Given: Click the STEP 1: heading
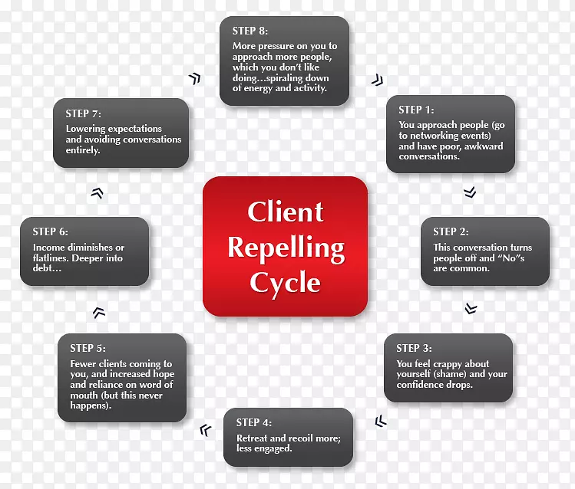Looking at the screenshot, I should click(x=416, y=110).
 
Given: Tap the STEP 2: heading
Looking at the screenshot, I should click(x=451, y=231).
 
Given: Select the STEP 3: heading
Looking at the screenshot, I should click(x=414, y=348).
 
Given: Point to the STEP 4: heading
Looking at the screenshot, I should click(x=253, y=422).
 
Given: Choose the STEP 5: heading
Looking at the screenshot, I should click(x=88, y=348).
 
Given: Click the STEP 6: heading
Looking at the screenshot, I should click(x=50, y=231).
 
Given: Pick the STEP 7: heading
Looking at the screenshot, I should click(x=83, y=113).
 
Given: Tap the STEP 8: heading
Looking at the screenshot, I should click(x=249, y=31).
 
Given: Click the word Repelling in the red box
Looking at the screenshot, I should click(x=286, y=248).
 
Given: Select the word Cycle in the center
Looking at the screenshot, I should click(x=285, y=283).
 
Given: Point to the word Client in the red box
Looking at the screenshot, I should click(x=286, y=212).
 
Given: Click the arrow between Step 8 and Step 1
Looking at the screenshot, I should click(x=375, y=80).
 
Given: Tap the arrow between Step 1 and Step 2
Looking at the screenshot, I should click(x=470, y=192).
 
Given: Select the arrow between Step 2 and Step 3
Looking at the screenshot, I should click(x=471, y=309).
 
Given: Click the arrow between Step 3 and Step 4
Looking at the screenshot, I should click(x=380, y=422).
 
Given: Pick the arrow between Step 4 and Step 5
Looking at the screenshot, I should click(x=205, y=430).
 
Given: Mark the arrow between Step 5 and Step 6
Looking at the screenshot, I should click(x=98, y=312).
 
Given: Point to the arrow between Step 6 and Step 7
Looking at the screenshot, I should click(x=97, y=193).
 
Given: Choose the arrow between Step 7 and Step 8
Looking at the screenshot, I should click(x=194, y=78).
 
